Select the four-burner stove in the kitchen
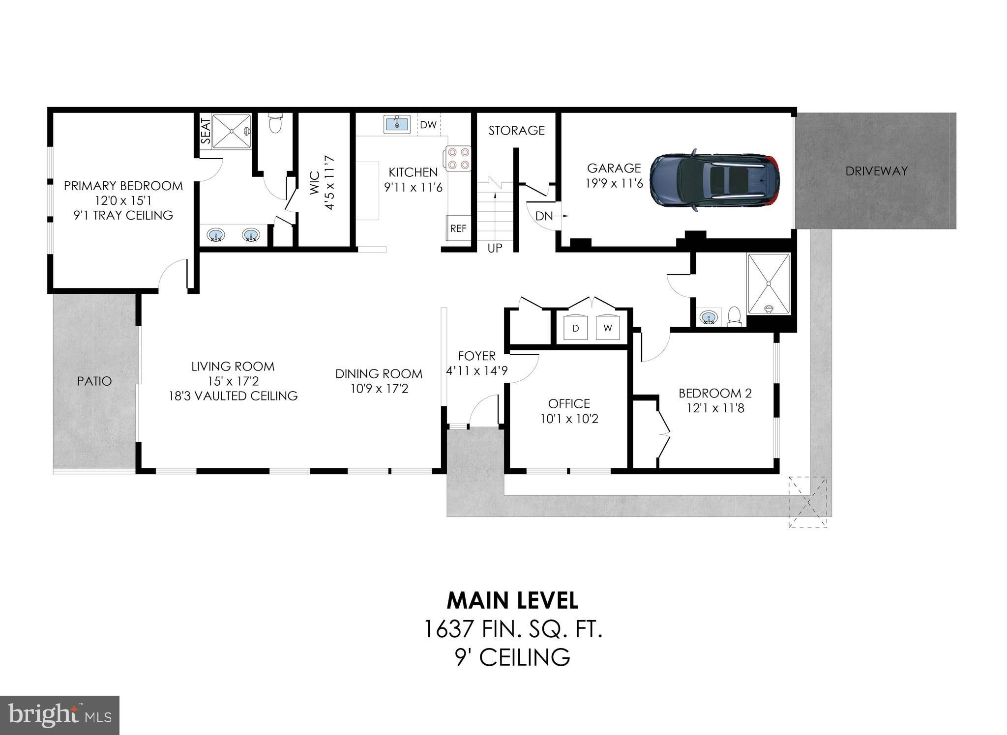point(458,159)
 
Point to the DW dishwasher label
point(428,125)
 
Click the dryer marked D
point(576,328)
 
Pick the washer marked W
point(608,328)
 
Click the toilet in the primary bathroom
point(275,123)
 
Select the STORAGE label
point(516,130)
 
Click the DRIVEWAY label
point(876,171)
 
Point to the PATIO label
point(94,381)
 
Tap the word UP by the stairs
point(495,248)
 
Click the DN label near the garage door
point(544,216)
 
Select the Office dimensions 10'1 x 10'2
point(569,419)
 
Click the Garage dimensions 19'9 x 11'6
point(614,184)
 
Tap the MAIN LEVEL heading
point(512,600)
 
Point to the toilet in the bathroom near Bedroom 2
point(734,316)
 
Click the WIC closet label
point(315,183)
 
